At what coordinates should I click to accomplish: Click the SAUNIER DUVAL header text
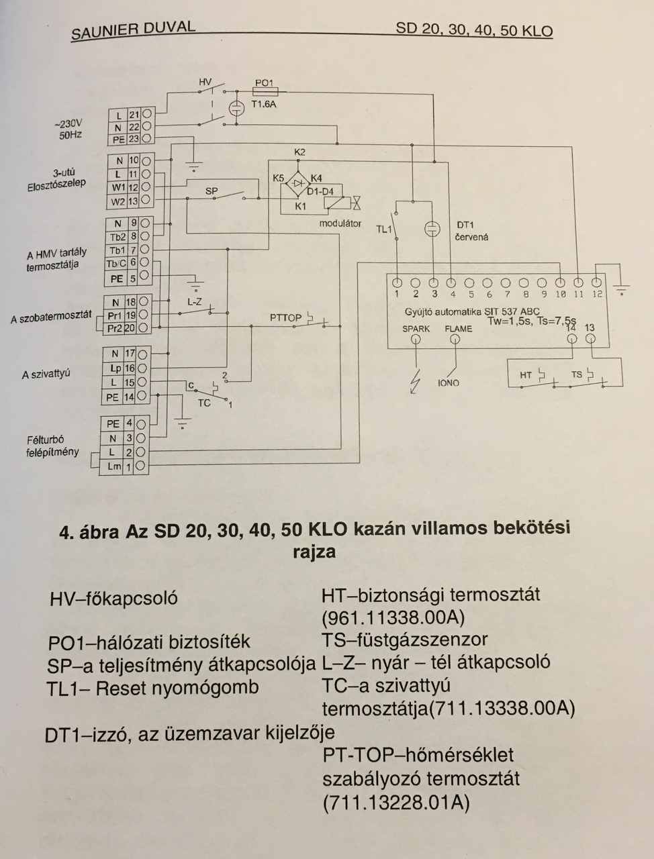click(133, 30)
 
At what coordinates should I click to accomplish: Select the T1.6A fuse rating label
click(264, 105)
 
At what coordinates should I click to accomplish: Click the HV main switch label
click(205, 82)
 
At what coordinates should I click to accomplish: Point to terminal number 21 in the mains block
click(134, 115)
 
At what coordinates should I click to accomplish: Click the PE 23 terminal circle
click(146, 139)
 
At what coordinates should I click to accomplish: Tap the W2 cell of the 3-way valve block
click(118, 201)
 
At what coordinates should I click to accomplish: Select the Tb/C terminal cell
click(118, 263)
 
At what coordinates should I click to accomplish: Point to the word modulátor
click(340, 223)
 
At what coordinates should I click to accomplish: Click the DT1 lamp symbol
click(433, 229)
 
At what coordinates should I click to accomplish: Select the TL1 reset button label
click(383, 230)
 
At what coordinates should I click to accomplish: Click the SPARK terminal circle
click(416, 340)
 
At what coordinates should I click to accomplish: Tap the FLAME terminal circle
click(456, 340)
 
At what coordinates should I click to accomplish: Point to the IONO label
click(449, 383)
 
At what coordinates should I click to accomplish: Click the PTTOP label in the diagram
click(285, 317)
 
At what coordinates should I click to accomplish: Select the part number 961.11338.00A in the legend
click(393, 617)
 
